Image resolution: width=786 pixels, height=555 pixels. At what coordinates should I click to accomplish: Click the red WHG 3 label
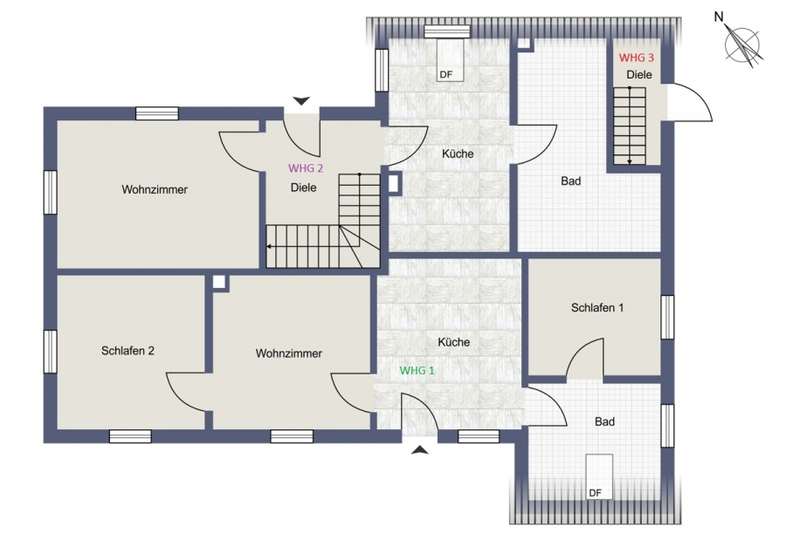click(636, 58)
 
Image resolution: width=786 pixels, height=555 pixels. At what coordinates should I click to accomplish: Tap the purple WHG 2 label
click(306, 168)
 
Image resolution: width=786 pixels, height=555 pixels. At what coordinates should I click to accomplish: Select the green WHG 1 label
click(417, 371)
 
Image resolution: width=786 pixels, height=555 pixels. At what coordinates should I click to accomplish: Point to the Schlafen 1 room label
click(597, 307)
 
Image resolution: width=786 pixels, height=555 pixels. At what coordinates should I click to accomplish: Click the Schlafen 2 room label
click(128, 351)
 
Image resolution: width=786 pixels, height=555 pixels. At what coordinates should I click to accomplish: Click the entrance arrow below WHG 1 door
click(420, 449)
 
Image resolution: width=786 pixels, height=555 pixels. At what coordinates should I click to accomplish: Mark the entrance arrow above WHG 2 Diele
click(301, 100)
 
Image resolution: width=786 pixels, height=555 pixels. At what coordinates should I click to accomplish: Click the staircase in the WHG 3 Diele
click(630, 126)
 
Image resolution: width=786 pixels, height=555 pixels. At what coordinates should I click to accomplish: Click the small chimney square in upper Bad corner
click(524, 43)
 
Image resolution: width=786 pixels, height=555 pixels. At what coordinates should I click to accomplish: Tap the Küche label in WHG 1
click(453, 342)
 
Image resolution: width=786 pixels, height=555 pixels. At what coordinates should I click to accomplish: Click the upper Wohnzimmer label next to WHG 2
click(155, 189)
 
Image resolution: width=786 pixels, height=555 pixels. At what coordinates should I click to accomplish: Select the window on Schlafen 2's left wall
click(50, 352)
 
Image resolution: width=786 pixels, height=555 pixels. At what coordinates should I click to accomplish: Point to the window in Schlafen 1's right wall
click(667, 317)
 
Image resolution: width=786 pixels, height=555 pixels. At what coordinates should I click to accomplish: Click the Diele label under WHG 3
click(639, 75)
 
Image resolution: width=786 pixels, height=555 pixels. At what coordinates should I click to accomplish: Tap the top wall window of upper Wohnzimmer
click(157, 113)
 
